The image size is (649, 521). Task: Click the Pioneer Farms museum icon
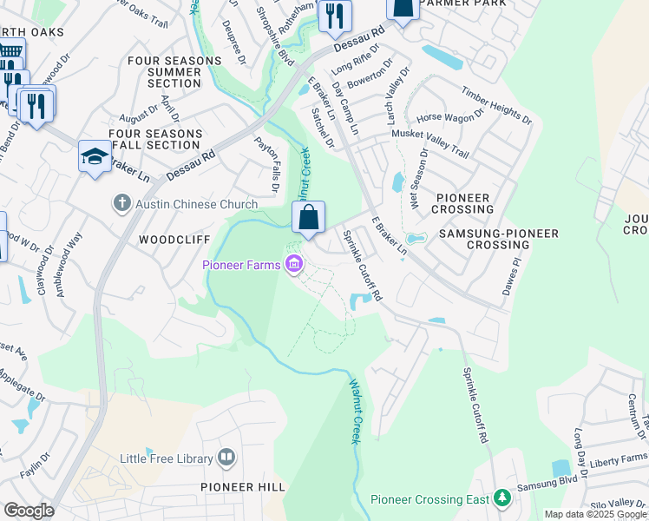(x=293, y=265)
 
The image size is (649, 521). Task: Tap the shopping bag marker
(x=309, y=218)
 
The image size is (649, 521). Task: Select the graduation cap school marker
(x=95, y=156)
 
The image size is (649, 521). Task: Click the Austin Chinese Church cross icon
(x=121, y=204)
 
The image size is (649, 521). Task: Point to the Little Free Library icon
(x=226, y=456)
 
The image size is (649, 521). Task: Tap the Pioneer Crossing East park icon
(x=501, y=498)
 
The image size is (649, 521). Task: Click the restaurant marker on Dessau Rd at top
(x=334, y=16)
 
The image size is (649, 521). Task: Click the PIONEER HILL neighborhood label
(x=242, y=488)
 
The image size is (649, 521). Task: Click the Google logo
(x=29, y=511)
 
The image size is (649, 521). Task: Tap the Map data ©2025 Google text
(x=595, y=514)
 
